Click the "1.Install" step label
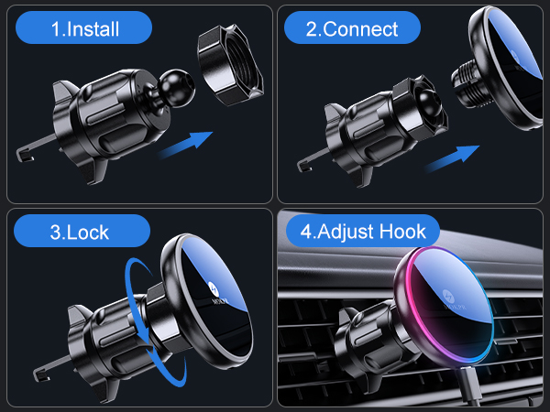(x=84, y=28)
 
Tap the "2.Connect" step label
(x=352, y=28)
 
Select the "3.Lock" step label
(x=83, y=231)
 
